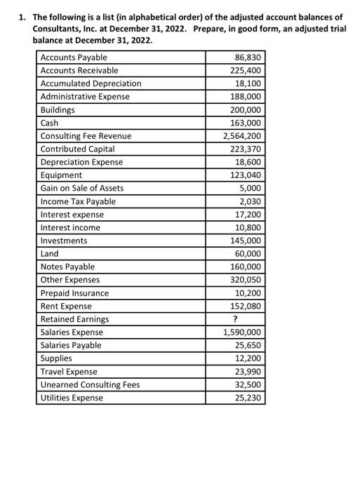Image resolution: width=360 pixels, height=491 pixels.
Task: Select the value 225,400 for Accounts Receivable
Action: coord(246,70)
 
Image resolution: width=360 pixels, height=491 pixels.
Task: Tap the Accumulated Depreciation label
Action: coord(91,83)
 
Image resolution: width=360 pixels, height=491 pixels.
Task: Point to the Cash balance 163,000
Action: coord(246,123)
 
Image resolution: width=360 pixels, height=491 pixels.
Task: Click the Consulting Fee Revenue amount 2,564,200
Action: coord(241,136)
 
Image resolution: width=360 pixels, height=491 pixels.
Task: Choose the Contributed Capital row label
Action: coord(78,149)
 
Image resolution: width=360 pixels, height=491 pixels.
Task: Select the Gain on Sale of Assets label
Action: coord(82,188)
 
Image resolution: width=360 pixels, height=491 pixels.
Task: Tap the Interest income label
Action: coord(70,227)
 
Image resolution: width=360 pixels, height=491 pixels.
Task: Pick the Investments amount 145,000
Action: coord(246,241)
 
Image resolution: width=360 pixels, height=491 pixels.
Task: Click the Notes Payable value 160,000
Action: coord(246,267)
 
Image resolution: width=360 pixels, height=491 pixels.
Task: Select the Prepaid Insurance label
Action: coord(75,293)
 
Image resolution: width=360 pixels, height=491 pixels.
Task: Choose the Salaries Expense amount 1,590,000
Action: coord(241,332)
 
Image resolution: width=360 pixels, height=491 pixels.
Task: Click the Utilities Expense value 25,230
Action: coord(248,398)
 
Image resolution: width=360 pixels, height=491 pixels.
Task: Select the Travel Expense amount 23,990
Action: coord(248,372)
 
